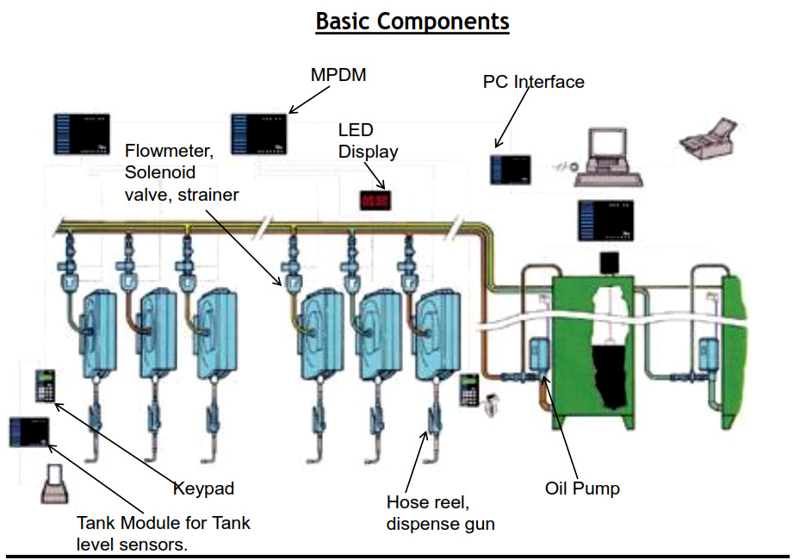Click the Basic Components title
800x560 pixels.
click(412, 21)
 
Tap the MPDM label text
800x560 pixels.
click(338, 75)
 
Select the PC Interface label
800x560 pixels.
click(533, 82)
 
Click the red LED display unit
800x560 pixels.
click(375, 199)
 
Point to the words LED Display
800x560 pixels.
click(368, 141)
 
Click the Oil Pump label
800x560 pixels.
click(582, 488)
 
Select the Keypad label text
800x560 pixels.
click(202, 488)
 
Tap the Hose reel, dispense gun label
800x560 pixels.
click(440, 513)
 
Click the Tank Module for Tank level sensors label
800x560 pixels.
click(164, 532)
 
